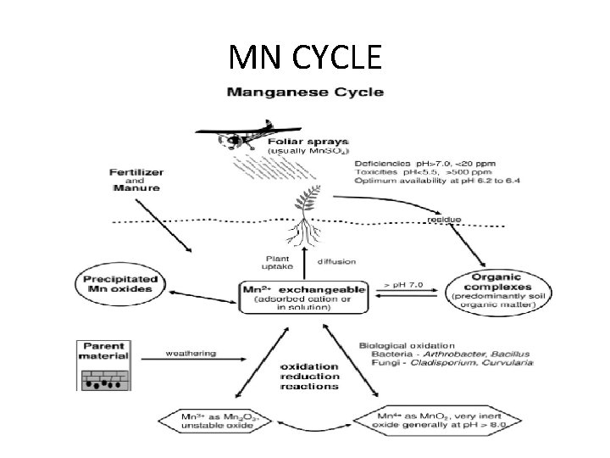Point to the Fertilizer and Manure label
click(136, 181)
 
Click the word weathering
click(191, 353)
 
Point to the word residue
click(444, 220)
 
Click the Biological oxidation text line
click(408, 345)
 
